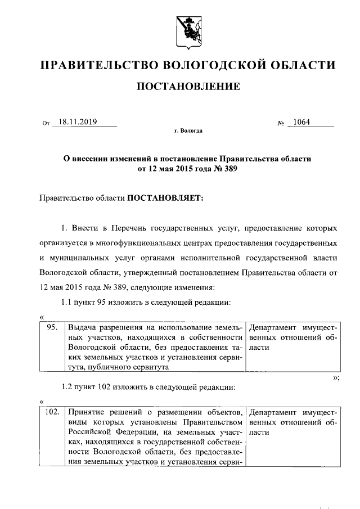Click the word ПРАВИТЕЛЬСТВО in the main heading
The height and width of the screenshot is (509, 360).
pyautogui.click(x=98, y=65)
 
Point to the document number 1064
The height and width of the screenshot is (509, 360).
pyautogui.click(x=304, y=123)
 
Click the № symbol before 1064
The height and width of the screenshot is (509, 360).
pyautogui.click(x=282, y=124)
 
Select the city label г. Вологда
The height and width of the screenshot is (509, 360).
pyautogui.click(x=188, y=132)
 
